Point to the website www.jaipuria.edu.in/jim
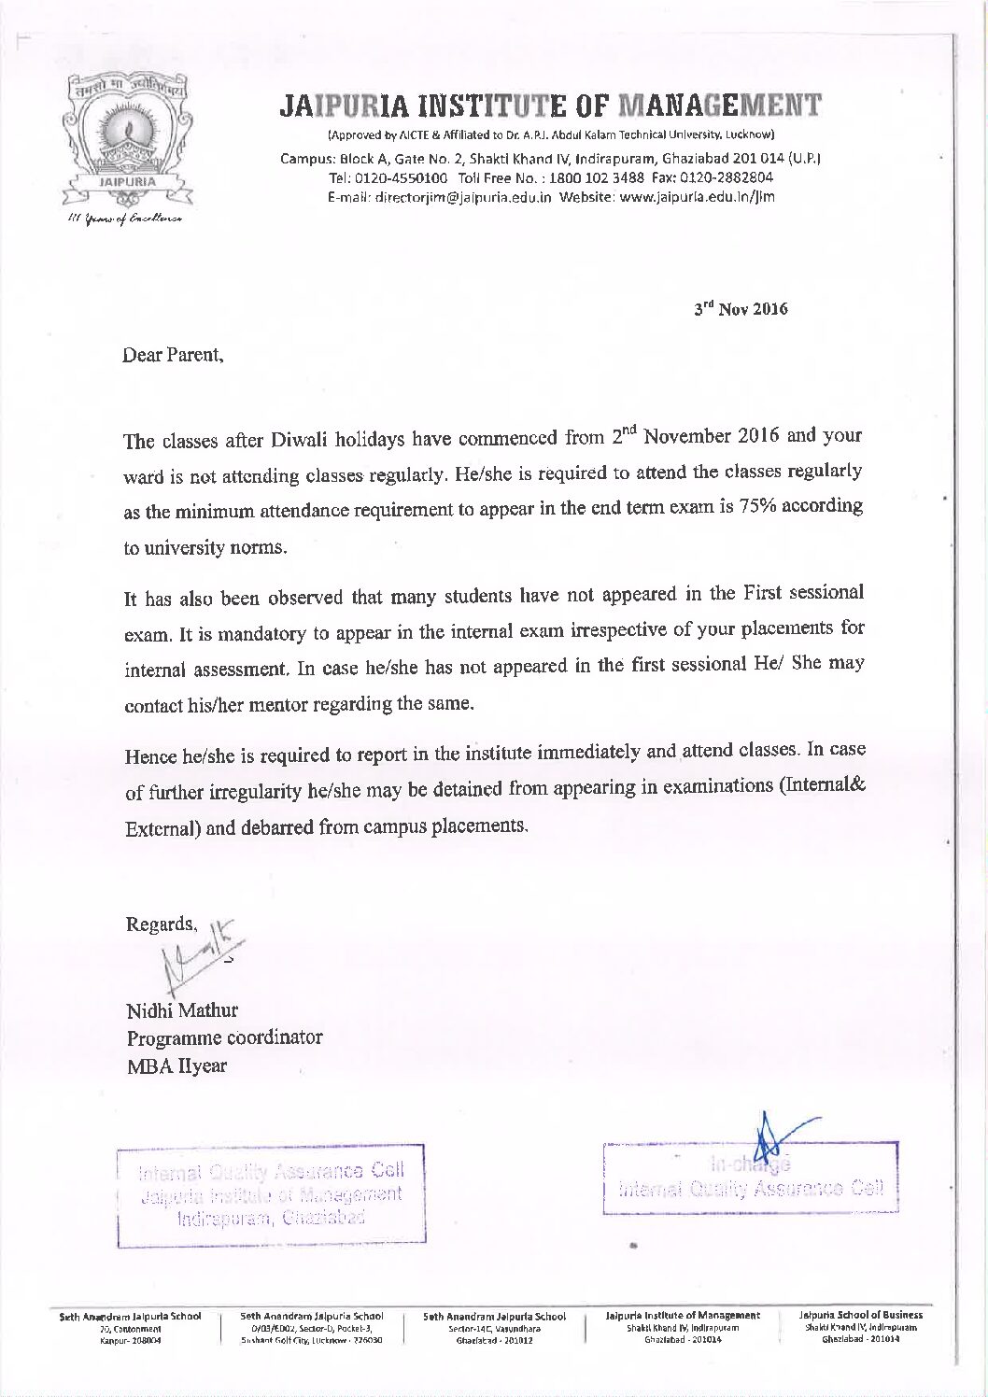[697, 197]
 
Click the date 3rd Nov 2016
[741, 308]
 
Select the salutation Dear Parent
[173, 356]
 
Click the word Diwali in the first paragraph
[301, 440]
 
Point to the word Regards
[161, 924]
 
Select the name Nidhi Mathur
[182, 1010]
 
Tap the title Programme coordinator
[224, 1037]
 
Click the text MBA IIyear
[176, 1065]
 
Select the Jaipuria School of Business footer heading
[861, 1315]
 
